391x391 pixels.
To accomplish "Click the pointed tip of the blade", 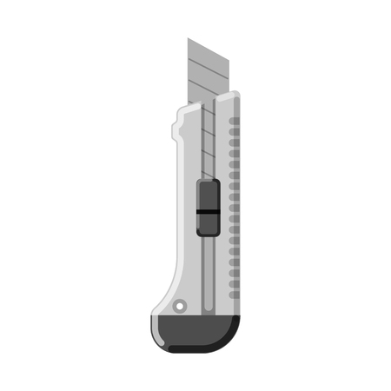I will (x=189, y=40).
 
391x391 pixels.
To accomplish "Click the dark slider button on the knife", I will (x=208, y=209).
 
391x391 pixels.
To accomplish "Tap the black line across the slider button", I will (x=208, y=211).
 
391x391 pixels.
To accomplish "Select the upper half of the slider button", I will (x=208, y=196).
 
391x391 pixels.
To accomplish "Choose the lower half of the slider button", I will (x=208, y=224).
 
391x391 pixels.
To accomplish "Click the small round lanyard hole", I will (x=179, y=306).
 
